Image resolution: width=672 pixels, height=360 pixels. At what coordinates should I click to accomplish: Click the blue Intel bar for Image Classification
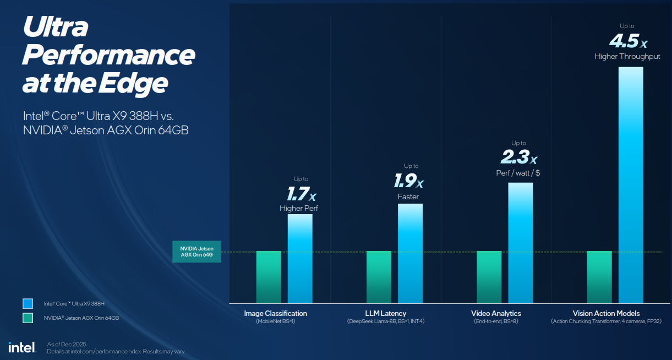[300, 258]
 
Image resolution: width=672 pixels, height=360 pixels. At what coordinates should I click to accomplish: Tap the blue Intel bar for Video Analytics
[520, 242]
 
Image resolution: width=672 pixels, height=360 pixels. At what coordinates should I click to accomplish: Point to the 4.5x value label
[627, 41]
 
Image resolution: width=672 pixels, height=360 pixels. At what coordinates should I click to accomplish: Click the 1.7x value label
[301, 194]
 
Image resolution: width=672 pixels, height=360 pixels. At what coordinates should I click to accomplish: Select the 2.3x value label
[518, 158]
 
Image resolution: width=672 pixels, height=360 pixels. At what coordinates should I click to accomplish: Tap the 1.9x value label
[408, 181]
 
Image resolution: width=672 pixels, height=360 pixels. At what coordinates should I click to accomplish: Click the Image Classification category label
[275, 313]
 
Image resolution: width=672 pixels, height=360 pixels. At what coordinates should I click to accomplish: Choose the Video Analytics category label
[496, 313]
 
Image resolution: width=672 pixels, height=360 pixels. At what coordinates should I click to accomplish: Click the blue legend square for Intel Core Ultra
[28, 303]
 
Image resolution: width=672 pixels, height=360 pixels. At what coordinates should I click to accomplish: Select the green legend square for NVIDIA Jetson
[28, 318]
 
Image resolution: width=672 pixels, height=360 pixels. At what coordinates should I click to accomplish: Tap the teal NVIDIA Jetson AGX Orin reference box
[196, 252]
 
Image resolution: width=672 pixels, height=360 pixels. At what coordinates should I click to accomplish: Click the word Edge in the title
[133, 83]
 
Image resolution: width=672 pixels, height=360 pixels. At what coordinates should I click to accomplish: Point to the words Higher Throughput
[627, 57]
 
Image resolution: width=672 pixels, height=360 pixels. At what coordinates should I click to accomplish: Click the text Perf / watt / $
[518, 173]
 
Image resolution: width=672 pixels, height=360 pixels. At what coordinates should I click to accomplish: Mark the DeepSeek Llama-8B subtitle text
[385, 321]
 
